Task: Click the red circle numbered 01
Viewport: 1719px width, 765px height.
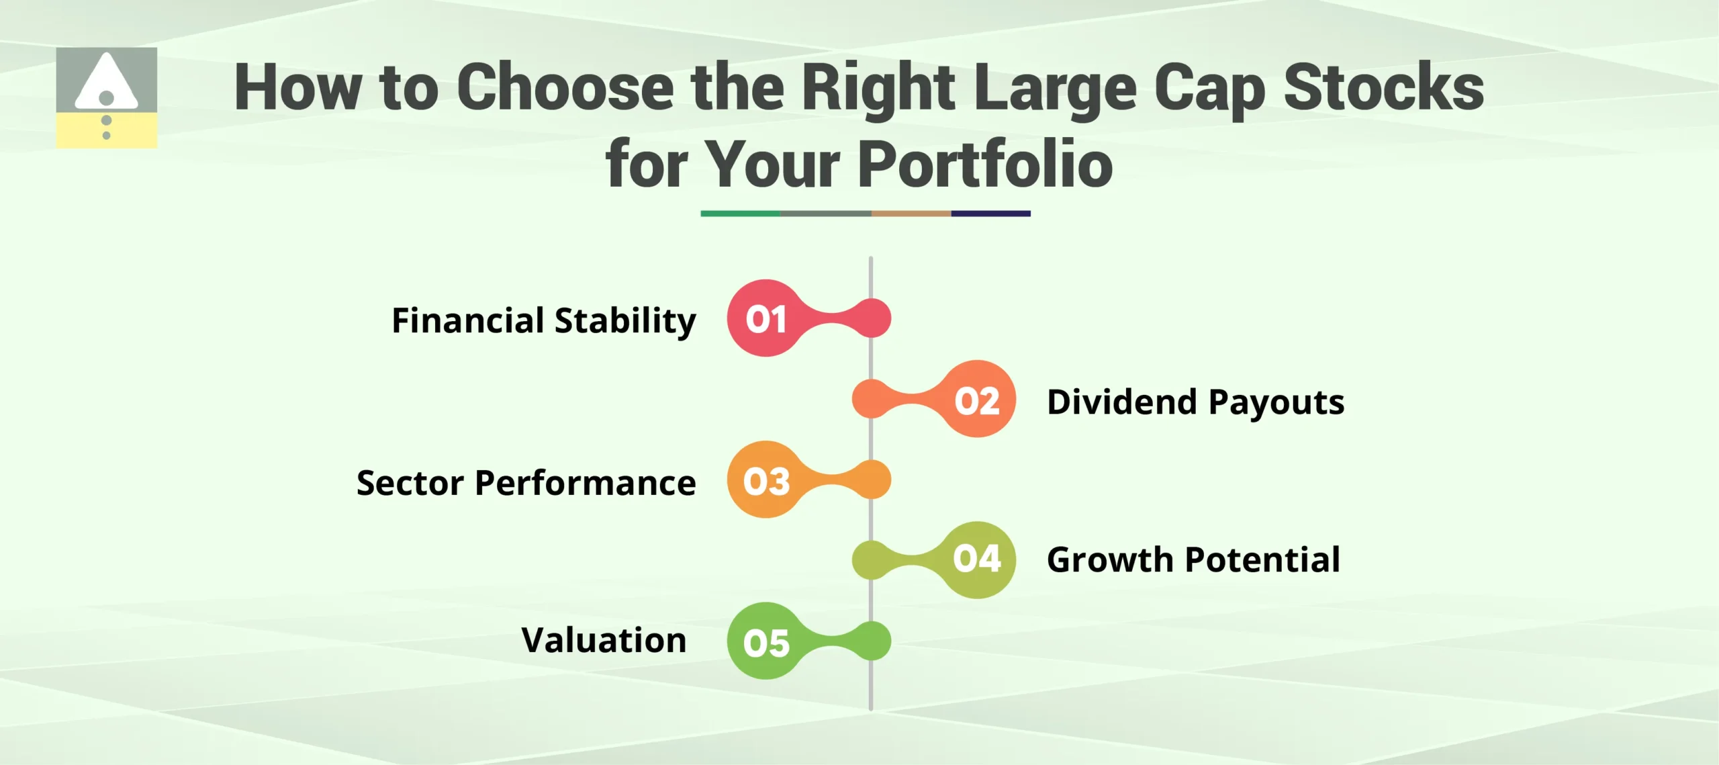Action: [x=765, y=318]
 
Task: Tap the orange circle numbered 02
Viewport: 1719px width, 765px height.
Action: [x=977, y=400]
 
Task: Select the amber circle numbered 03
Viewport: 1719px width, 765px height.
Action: [x=765, y=480]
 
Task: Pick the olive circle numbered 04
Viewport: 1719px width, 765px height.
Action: [x=977, y=559]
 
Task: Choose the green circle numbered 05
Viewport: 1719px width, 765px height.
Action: [x=765, y=641]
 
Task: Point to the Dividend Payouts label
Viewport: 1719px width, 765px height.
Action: [x=1195, y=402]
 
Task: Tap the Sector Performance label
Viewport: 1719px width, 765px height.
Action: [x=526, y=483]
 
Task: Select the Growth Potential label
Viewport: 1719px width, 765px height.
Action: [x=1193, y=559]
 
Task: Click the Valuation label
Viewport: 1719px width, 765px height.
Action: [x=604, y=639]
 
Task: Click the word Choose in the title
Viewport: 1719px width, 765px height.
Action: [x=565, y=87]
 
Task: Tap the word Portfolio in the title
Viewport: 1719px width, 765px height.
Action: [x=985, y=165]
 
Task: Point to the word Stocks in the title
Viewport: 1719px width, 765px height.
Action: [x=1384, y=87]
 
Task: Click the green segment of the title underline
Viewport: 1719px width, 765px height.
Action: [x=740, y=214]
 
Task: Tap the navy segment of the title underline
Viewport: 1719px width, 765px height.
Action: [x=990, y=214]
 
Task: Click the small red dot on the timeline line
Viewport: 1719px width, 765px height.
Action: [x=872, y=318]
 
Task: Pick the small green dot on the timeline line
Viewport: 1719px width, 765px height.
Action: [x=872, y=641]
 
